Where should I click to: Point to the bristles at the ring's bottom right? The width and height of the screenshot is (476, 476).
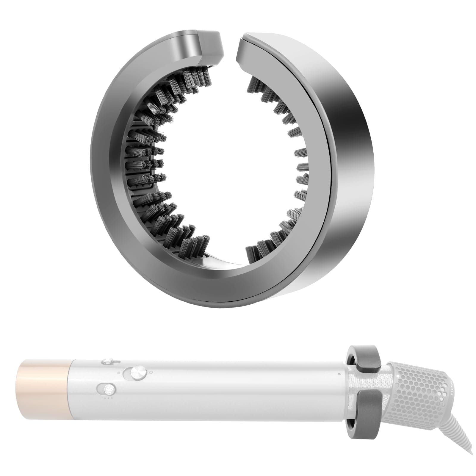(268, 241)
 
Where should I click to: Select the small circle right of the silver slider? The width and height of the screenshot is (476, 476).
(151, 372)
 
